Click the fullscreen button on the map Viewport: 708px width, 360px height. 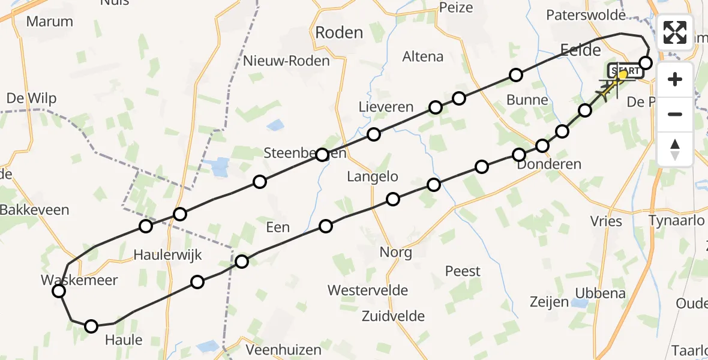[x=675, y=32]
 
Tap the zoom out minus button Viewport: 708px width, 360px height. [x=675, y=114]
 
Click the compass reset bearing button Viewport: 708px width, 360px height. [x=675, y=149]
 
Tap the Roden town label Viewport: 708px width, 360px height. [x=339, y=33]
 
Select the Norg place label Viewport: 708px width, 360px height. [x=396, y=252]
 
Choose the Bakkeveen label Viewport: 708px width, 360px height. [x=35, y=210]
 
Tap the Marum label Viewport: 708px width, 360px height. [x=50, y=22]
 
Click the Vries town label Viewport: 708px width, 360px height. [x=606, y=221]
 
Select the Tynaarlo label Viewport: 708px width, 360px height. [x=676, y=220]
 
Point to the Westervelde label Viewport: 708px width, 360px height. [x=368, y=290]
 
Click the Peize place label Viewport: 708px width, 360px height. [x=456, y=8]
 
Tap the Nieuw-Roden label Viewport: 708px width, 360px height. [x=287, y=61]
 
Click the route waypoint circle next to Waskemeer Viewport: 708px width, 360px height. [x=59, y=292]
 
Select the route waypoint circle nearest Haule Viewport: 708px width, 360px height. [x=91, y=326]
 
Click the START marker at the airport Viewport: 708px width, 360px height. [x=624, y=71]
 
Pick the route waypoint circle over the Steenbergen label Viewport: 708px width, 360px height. [x=322, y=155]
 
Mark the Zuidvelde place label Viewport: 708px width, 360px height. [x=393, y=316]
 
